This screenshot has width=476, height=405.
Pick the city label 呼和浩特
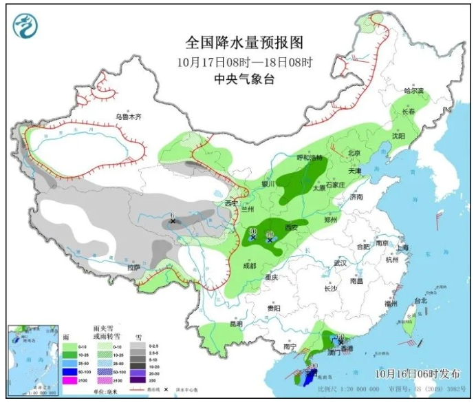(x=309, y=158)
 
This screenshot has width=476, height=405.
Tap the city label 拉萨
(x=133, y=267)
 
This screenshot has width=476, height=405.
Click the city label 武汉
(x=340, y=263)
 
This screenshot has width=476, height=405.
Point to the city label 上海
(x=403, y=247)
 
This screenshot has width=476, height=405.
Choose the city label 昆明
(x=236, y=323)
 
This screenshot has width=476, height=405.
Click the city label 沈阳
(x=399, y=136)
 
